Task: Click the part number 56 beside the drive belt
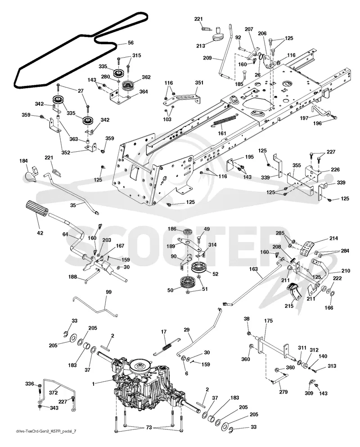130,43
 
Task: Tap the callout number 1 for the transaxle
93,384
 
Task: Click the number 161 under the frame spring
222,133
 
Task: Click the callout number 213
200,46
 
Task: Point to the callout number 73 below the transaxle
149,428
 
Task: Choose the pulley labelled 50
186,283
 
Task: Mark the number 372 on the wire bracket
53,393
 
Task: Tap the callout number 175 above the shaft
268,321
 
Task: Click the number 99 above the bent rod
108,292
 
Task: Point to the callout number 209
207,58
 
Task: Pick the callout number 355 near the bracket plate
297,165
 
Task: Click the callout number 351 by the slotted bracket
199,83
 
